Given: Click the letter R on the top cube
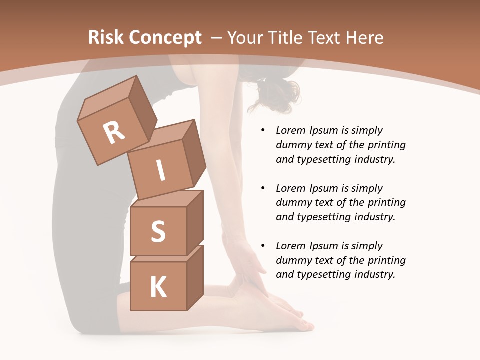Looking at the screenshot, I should [114, 133].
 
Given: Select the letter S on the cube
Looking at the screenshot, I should [158, 231].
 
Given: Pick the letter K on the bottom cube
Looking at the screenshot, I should [158, 287].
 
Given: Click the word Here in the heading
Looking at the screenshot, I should [363, 38].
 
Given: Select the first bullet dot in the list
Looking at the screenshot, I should [263, 131].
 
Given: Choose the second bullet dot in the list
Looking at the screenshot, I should [263, 188].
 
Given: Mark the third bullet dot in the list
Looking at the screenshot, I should [263, 246].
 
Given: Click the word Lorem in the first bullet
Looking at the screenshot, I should [290, 130].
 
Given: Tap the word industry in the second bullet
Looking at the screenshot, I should [373, 217].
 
